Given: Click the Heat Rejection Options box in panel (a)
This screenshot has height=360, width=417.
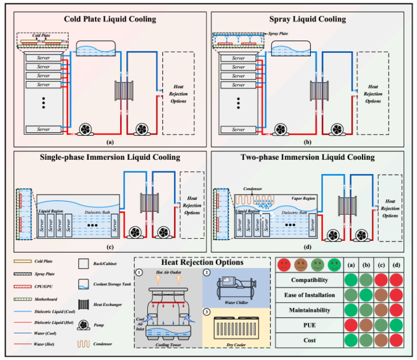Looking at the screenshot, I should tap(178, 93).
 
